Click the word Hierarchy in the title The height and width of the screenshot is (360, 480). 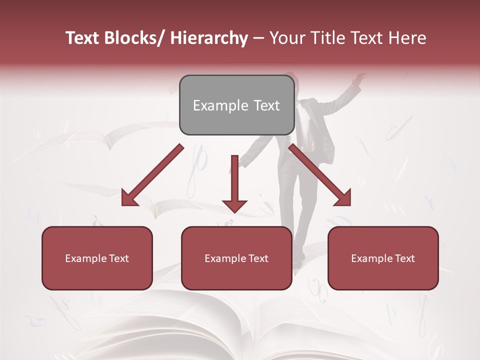coord(209,38)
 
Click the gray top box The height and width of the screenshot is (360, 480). coord(236,105)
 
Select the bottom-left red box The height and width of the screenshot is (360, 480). coord(97,258)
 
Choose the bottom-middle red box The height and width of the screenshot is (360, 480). coord(236,258)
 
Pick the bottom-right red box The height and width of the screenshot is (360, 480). coord(383,258)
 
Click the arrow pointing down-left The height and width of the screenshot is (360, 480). coord(152,175)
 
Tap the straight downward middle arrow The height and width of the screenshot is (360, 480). coord(234,182)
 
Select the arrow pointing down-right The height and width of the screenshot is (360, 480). coord(320,175)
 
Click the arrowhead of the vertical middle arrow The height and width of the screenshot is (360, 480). coord(234,205)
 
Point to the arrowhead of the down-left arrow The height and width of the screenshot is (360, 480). coord(129,198)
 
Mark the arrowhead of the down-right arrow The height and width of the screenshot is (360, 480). coord(343,198)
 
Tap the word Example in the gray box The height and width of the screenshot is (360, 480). coord(220,105)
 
